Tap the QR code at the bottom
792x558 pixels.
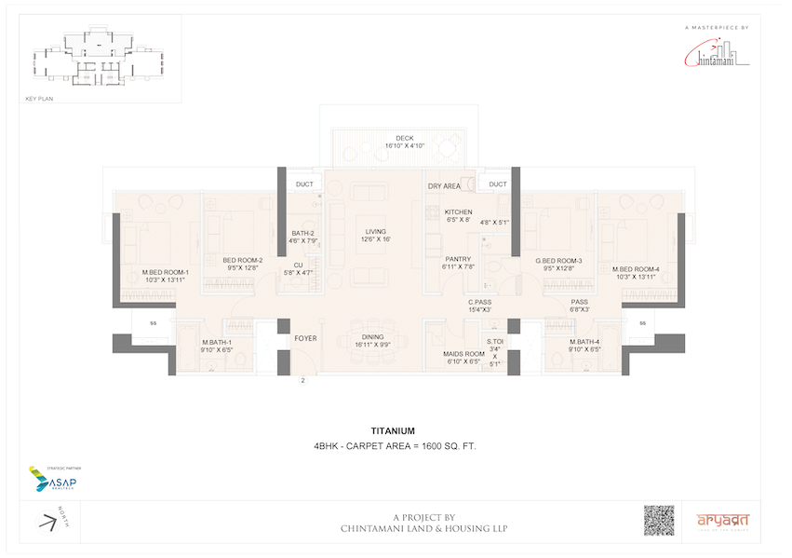659,520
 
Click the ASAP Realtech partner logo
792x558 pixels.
53,481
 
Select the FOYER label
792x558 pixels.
305,338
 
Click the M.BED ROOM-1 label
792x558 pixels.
165,272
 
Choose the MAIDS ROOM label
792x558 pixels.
462,354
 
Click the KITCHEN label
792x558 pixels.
458,212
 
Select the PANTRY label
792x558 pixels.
457,259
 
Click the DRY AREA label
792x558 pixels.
444,186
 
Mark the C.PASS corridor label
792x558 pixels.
481,302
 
